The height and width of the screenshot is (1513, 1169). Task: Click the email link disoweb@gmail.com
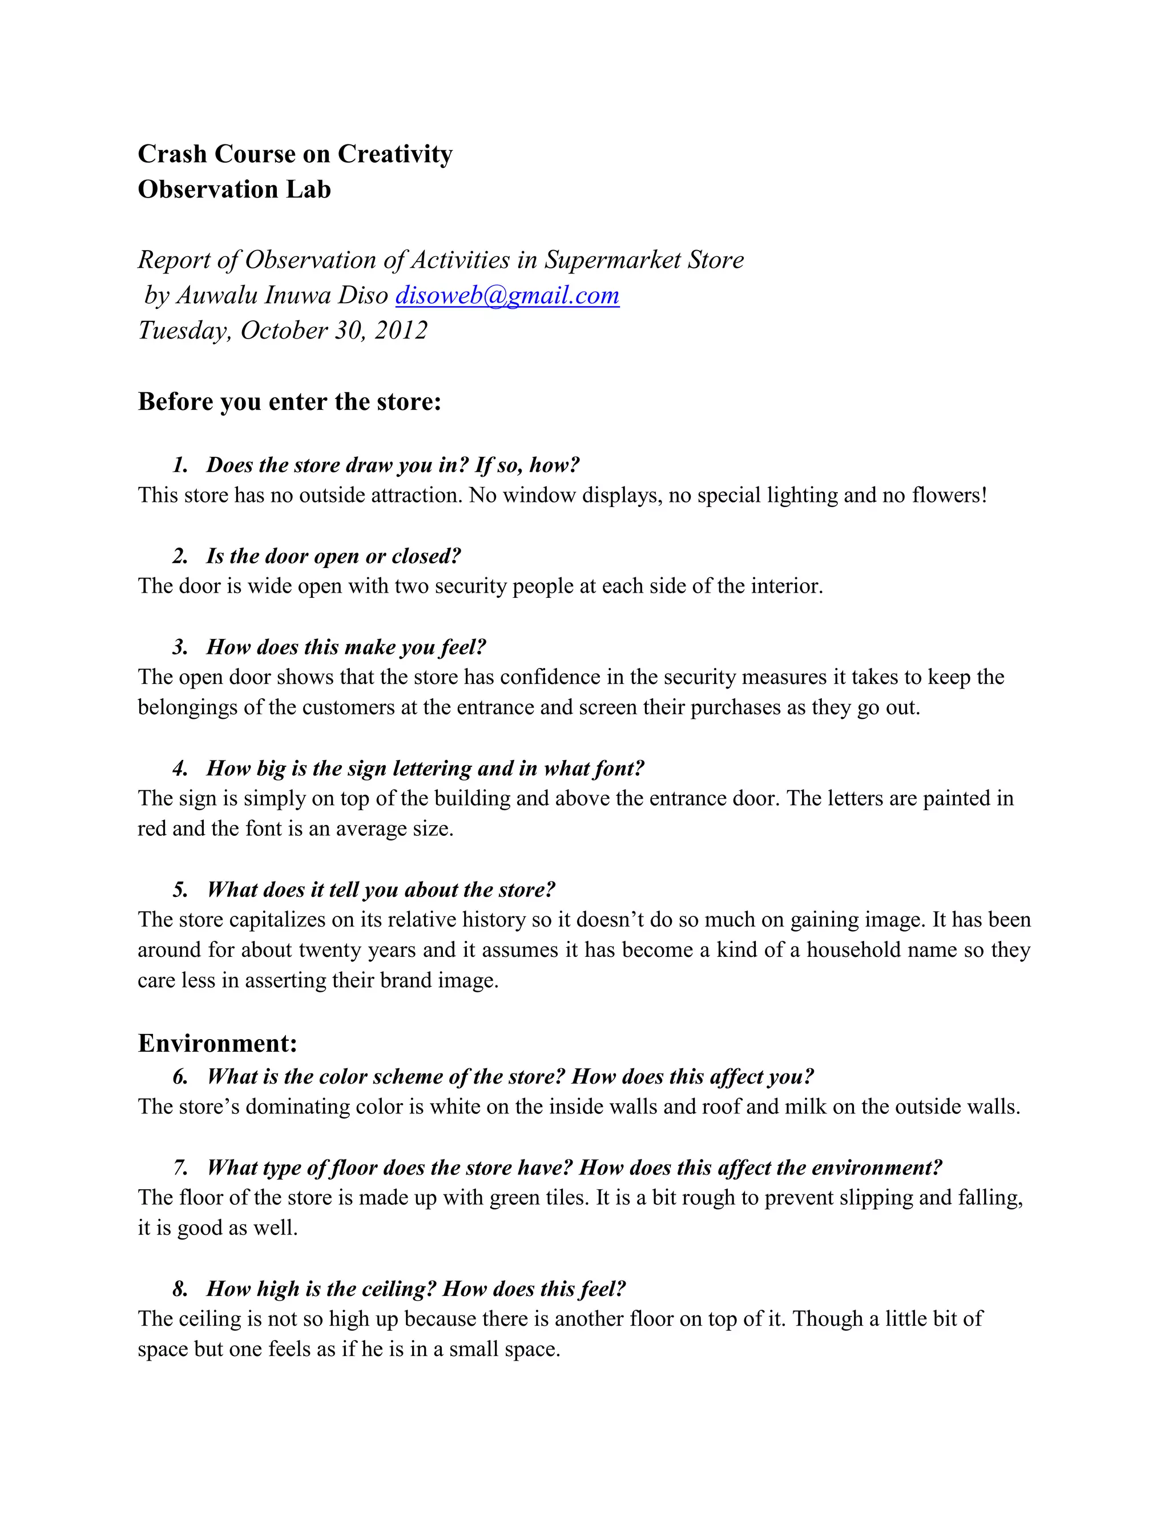[507, 296]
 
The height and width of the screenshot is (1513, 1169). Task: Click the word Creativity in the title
[395, 154]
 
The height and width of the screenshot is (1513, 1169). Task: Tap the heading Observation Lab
[234, 189]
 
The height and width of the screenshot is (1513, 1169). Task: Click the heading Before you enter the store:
[289, 402]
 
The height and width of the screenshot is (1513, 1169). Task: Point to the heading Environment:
[217, 1043]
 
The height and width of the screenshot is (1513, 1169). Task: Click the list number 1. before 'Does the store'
[180, 465]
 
